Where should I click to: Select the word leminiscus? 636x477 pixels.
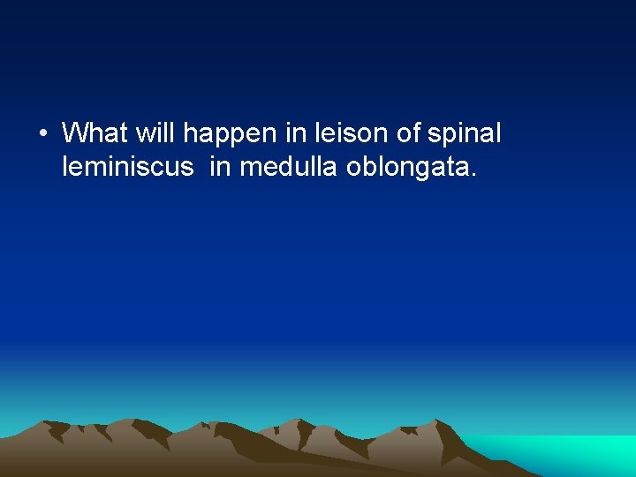pos(127,167)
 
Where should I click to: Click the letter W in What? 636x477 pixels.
pos(76,133)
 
